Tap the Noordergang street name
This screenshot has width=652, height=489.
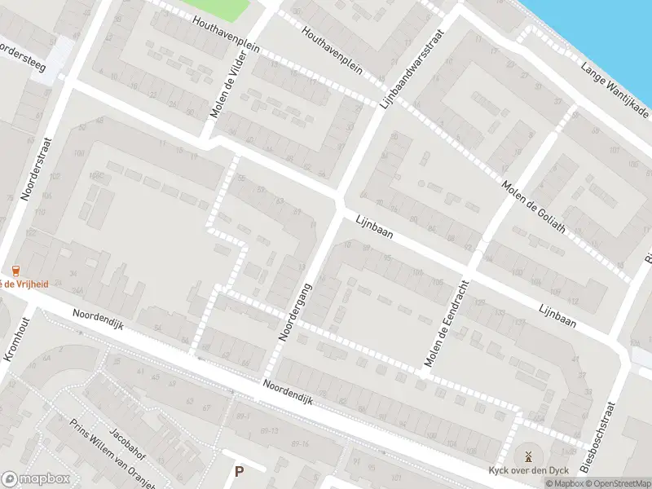tap(296, 311)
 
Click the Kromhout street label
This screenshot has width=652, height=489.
tap(19, 334)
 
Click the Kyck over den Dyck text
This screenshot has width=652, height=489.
tap(527, 470)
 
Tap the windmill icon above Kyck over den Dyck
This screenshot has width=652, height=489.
tap(527, 456)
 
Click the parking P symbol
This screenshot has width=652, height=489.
tap(239, 471)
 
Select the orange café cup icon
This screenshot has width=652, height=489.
tap(15, 271)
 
